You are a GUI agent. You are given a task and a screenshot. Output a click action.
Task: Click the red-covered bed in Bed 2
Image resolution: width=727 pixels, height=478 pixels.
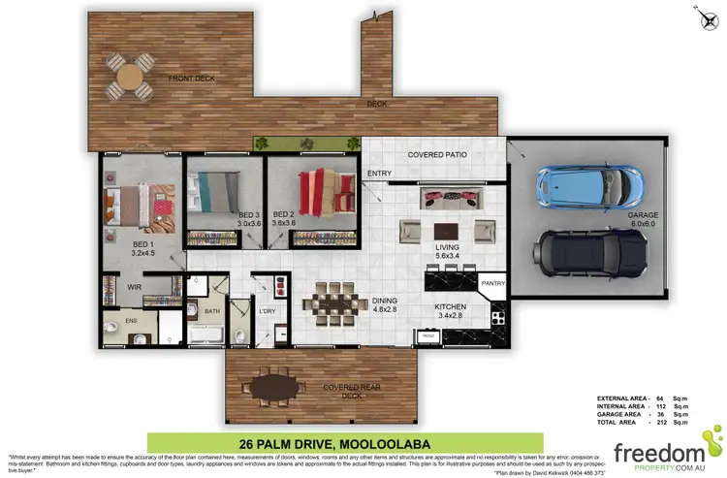click(319, 190)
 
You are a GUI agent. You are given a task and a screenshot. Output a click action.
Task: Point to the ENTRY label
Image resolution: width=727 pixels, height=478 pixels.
click(378, 175)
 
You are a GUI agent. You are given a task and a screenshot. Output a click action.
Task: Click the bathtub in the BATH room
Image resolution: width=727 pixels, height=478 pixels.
click(205, 335)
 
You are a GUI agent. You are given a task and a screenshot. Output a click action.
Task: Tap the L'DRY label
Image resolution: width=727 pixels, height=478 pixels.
click(269, 309)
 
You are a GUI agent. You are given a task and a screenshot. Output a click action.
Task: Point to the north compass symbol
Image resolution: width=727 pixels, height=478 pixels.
click(706, 15)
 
